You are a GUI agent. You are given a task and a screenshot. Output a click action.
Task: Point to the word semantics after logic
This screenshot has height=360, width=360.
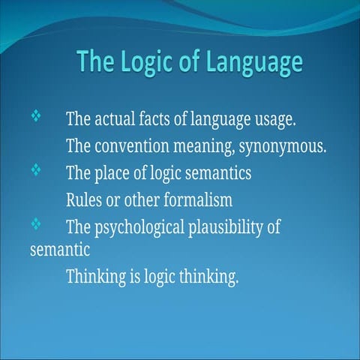click(217, 173)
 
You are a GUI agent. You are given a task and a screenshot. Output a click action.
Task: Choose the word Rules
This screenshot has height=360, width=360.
click(85, 200)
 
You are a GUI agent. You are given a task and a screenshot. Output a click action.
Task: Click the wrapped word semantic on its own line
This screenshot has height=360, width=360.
click(60, 249)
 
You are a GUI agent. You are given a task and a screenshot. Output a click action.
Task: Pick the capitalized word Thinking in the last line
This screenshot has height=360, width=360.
click(95, 277)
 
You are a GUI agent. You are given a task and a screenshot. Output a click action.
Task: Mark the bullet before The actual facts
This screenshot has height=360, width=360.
click(36, 117)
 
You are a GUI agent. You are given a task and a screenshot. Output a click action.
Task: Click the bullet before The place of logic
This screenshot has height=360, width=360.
click(36, 171)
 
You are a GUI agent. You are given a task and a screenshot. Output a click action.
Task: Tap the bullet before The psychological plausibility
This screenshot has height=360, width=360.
click(36, 224)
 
